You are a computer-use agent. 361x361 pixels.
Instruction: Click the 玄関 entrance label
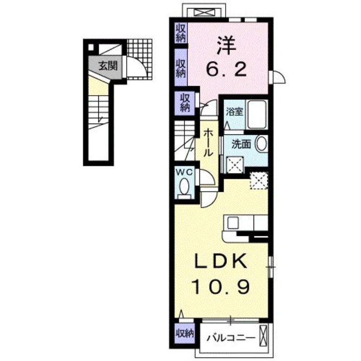[108, 66]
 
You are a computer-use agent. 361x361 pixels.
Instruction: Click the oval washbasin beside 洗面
[261, 144]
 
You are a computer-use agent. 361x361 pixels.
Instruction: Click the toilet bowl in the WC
[184, 186]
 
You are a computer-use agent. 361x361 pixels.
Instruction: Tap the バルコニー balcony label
[229, 337]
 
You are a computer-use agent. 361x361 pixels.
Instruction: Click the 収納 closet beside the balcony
[184, 334]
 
